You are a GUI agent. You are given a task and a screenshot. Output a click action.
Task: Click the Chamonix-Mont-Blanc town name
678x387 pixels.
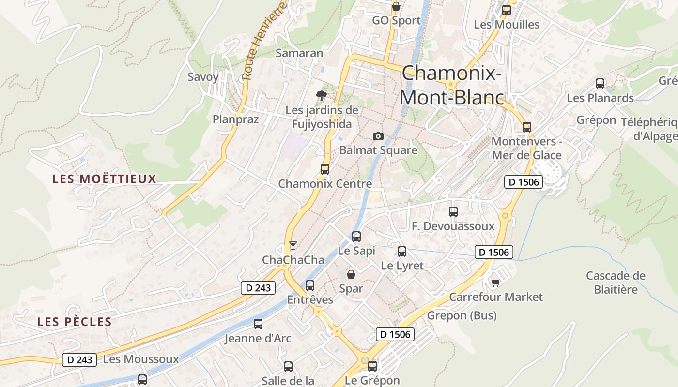click(451, 85)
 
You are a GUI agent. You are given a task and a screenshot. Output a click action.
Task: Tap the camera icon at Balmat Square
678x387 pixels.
click(378, 136)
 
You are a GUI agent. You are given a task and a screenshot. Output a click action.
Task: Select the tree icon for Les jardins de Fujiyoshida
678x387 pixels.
click(321, 96)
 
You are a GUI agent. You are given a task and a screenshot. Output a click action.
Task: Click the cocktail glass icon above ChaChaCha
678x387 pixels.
click(293, 246)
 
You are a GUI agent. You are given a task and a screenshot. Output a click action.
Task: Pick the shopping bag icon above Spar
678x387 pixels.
click(351, 274)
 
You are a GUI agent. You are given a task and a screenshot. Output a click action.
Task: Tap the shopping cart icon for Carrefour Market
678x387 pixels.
click(495, 283)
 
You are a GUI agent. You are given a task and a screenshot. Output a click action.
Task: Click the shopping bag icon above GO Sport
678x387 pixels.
click(396, 6)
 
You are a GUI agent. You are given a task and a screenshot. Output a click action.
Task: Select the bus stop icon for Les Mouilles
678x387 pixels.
click(507, 10)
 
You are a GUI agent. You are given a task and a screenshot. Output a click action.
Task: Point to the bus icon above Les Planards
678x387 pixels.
click(600, 84)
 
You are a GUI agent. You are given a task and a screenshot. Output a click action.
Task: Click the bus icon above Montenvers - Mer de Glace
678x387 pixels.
click(527, 127)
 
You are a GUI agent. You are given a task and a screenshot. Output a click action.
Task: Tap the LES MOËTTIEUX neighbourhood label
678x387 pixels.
click(105, 179)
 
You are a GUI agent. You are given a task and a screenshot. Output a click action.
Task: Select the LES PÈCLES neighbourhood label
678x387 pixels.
click(75, 322)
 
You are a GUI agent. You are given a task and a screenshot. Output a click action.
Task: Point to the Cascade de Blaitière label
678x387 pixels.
click(616, 283)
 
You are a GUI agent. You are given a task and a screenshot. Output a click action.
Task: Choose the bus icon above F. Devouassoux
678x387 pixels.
click(453, 212)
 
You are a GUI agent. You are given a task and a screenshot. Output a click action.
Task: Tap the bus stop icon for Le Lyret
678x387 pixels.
click(402, 252)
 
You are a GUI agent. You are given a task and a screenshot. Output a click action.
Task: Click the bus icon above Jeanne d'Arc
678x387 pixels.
click(258, 324)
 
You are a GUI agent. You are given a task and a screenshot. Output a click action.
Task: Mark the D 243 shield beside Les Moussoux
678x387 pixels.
click(79, 359)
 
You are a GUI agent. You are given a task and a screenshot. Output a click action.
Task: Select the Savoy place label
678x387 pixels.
click(203, 77)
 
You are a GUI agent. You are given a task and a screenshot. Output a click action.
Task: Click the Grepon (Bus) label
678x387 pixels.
click(462, 316)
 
